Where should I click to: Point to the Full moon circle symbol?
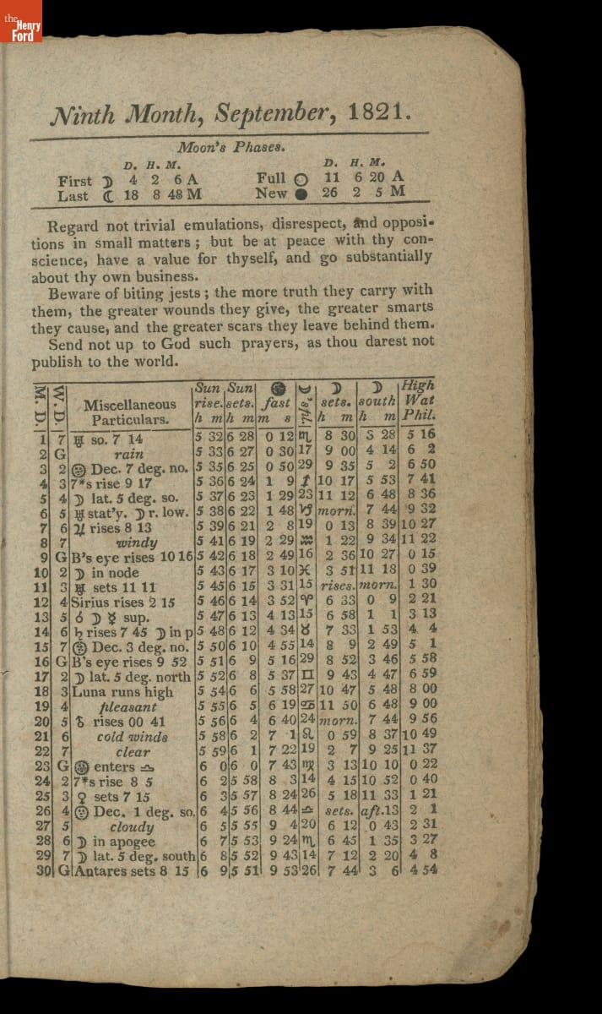pyautogui.click(x=301, y=180)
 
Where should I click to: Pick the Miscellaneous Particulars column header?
pyautogui.click(x=130, y=412)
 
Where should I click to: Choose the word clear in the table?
pyautogui.click(x=133, y=752)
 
